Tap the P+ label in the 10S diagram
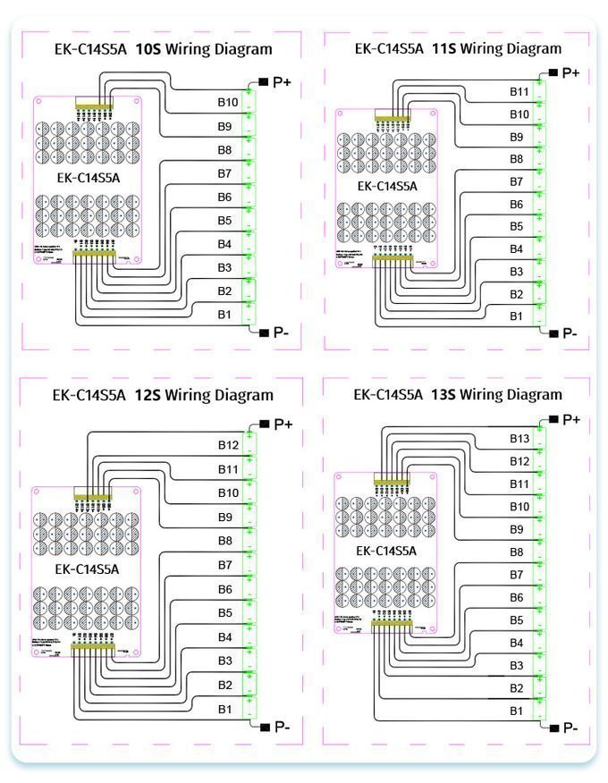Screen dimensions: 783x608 [x=283, y=82]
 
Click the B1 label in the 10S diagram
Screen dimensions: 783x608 [x=224, y=315]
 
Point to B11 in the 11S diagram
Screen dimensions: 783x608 [x=519, y=91]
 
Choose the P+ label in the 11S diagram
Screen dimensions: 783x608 [x=570, y=72]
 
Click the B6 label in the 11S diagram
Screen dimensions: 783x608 [x=517, y=205]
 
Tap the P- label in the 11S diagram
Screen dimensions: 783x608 [x=570, y=333]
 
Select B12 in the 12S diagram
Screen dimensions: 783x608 [x=228, y=445]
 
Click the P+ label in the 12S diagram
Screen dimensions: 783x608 [x=283, y=425]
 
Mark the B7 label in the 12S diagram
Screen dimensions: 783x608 [x=224, y=565]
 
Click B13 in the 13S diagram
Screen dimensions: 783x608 [x=520, y=438]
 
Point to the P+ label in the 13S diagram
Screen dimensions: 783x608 [x=571, y=419]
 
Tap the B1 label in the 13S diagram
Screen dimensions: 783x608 [x=517, y=711]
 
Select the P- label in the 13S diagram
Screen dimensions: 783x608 [x=570, y=728]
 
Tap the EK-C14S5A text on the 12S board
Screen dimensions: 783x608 [x=87, y=568]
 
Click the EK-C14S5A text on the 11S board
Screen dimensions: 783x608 [x=387, y=186]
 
